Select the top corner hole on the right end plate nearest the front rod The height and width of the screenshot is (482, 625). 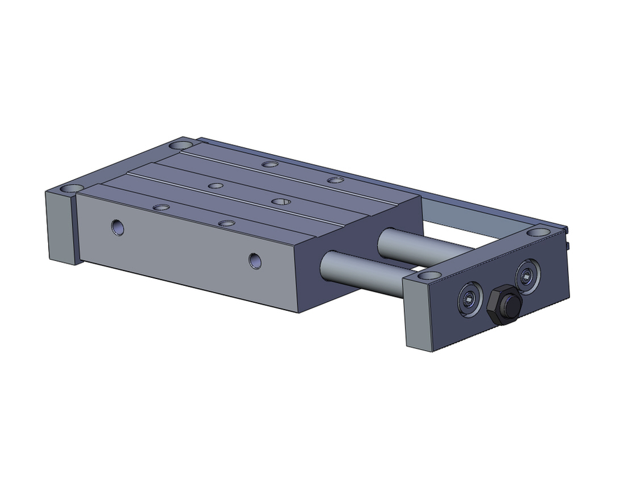pyautogui.click(x=427, y=275)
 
